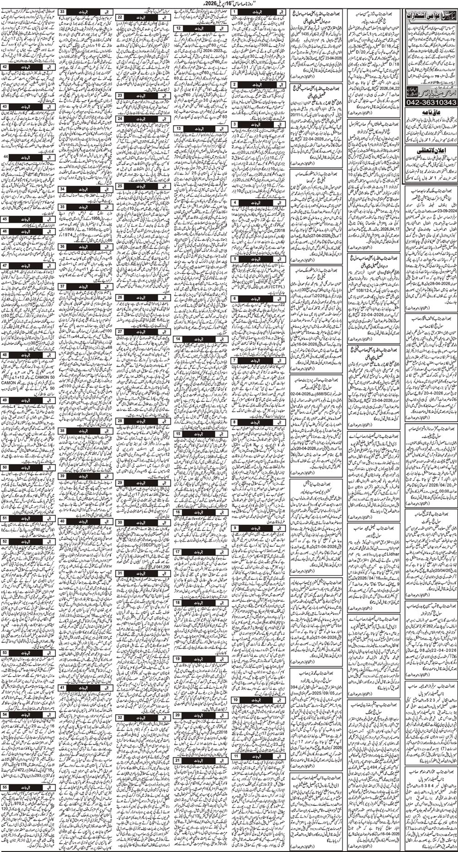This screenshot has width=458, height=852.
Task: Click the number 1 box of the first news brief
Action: pyautogui.click(x=234, y=10)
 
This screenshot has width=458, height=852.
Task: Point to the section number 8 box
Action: pyautogui.click(x=234, y=422)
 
